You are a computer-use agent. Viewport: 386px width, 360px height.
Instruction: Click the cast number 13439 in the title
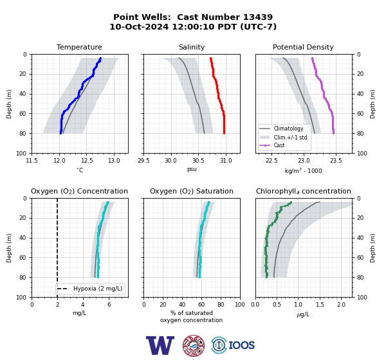[258, 17]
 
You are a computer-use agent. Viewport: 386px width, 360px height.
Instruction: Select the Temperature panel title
[79, 47]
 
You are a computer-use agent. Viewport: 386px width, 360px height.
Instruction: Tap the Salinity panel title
[192, 47]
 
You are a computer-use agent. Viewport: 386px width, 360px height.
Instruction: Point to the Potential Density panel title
[303, 47]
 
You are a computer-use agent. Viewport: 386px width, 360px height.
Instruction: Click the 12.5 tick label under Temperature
[87, 161]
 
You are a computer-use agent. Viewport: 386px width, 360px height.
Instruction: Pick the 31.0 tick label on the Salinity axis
[226, 161]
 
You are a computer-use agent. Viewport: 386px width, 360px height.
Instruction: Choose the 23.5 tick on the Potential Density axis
[336, 161]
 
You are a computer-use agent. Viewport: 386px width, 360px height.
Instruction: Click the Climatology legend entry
[288, 129]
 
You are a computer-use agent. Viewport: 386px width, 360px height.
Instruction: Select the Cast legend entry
[279, 145]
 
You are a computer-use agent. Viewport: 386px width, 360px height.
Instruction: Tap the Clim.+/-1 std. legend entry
[291, 138]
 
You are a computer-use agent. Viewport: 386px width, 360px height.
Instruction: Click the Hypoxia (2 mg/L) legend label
[98, 289]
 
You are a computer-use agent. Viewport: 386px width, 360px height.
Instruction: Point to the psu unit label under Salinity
[192, 169]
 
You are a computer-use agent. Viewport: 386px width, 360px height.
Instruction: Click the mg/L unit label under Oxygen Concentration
[80, 313]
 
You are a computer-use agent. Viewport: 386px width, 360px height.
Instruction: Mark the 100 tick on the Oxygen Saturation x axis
[240, 305]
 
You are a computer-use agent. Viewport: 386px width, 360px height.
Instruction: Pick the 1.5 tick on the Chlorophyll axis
[320, 305]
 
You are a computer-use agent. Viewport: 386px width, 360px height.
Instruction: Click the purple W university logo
[160, 345]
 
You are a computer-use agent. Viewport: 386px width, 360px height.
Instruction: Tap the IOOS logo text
[241, 345]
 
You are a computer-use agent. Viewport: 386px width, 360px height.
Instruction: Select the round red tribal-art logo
[194, 345]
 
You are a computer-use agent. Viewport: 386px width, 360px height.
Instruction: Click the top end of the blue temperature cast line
[100, 59]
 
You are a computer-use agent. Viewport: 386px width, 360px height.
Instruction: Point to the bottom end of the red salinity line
[224, 133]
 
